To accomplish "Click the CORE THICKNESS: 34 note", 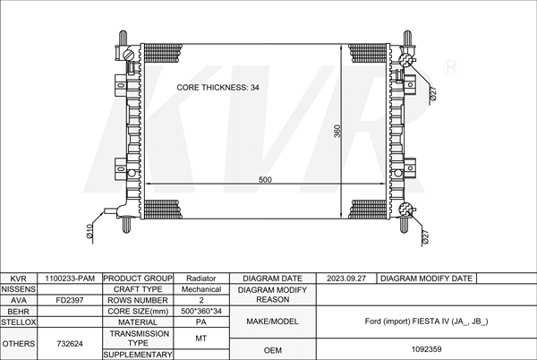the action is click(217, 88).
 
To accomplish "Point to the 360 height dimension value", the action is click(337, 131).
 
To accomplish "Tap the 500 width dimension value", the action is click(265, 179).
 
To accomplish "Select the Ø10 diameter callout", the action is click(89, 231).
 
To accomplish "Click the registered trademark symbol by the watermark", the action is click(451, 67).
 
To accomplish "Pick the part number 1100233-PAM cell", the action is click(70, 279).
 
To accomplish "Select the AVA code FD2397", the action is click(70, 300).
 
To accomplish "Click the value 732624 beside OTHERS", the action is click(70, 344).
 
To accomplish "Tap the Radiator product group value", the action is click(201, 279).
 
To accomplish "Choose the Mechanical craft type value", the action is click(201, 289).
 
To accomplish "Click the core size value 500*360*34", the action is click(201, 311).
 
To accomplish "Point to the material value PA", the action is click(201, 322).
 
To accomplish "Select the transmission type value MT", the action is click(201, 339).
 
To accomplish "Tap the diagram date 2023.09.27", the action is click(346, 279).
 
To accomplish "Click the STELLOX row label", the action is click(19, 322).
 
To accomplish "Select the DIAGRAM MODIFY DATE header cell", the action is click(426, 279).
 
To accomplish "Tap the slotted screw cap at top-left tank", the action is click(128, 55).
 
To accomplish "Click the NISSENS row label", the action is click(19, 289).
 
